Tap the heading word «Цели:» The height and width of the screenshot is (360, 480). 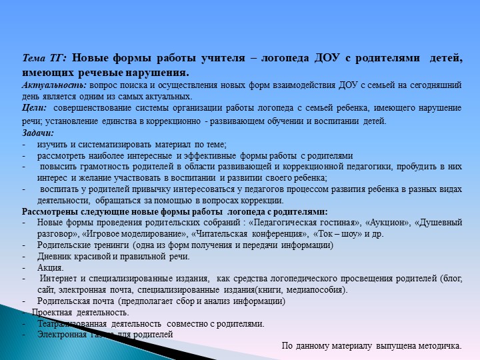pyautogui.click(x=33, y=107)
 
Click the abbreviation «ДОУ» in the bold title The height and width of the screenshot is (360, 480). pyautogui.click(x=325, y=59)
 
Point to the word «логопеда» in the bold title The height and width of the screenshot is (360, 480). pyautogui.click(x=276, y=59)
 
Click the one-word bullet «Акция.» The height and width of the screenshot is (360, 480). pyautogui.click(x=51, y=267)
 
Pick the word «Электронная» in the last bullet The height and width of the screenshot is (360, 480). pyautogui.click(x=62, y=334)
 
